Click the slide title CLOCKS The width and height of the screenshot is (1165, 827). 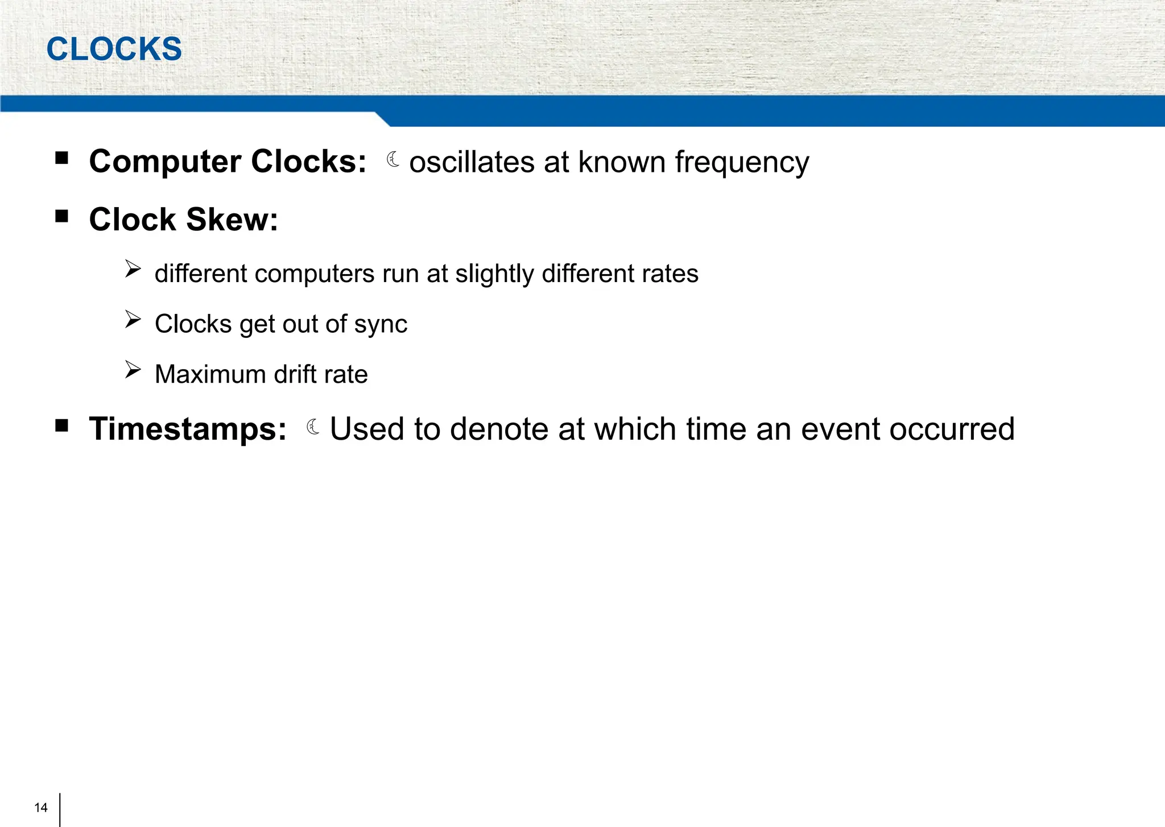(x=114, y=49)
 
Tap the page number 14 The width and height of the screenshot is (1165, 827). (x=41, y=808)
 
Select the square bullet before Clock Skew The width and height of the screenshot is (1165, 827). (x=62, y=216)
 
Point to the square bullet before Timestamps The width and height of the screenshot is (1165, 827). (x=62, y=425)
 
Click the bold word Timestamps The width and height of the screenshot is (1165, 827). (x=188, y=429)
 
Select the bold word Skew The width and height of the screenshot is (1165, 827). (x=232, y=220)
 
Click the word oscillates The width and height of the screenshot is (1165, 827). (x=471, y=162)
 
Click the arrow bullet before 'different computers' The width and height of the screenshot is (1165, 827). (x=133, y=269)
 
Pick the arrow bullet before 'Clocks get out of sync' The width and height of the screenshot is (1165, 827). (x=133, y=320)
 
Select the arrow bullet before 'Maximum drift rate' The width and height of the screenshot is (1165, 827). (x=133, y=370)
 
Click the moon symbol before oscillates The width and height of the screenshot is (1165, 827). (x=393, y=160)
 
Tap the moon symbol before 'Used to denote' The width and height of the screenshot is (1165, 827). (x=313, y=427)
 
